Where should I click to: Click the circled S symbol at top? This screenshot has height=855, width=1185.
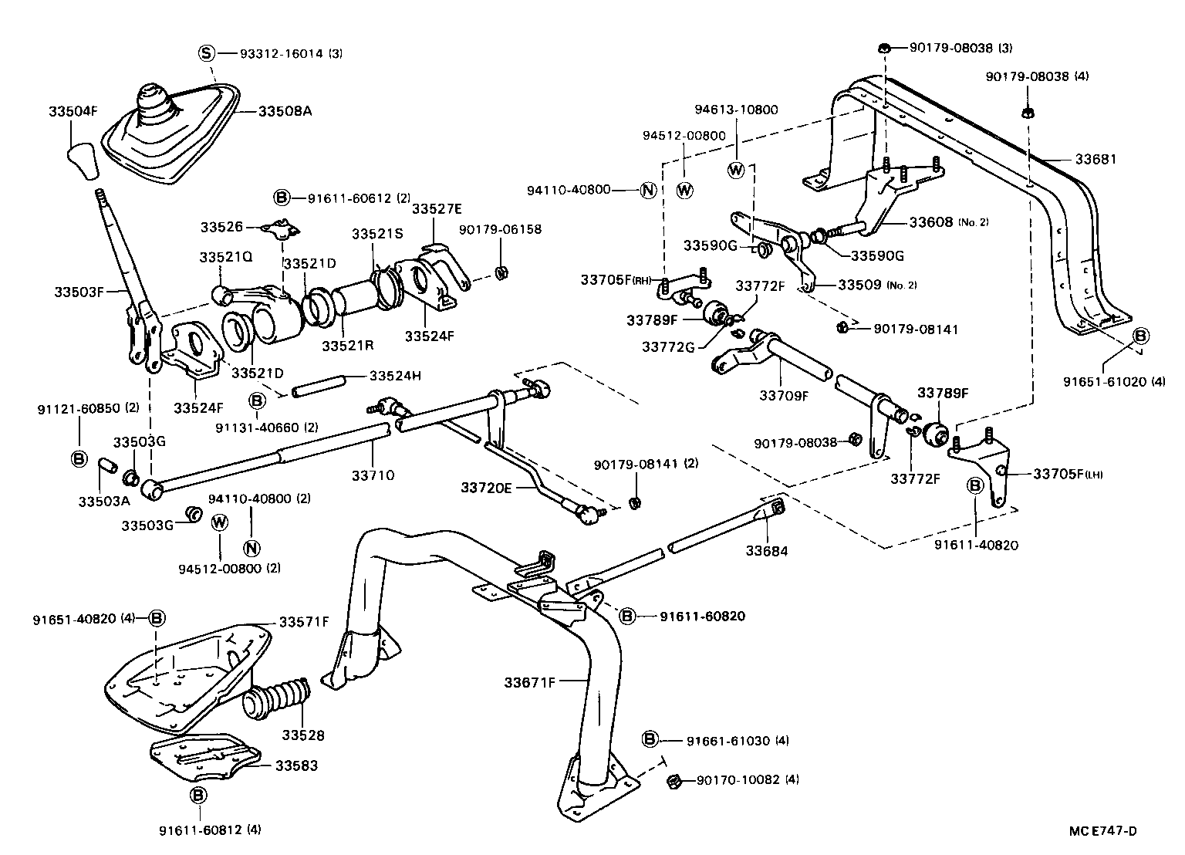pyautogui.click(x=206, y=53)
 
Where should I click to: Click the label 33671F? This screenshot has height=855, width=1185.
pyautogui.click(x=530, y=682)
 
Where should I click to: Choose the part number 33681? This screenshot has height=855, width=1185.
pyautogui.click(x=1096, y=160)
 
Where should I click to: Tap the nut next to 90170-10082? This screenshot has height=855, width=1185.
pyautogui.click(x=672, y=781)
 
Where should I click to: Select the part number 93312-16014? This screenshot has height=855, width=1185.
pyautogui.click(x=281, y=54)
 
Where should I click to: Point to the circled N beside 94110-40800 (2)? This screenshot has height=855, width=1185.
pyautogui.click(x=252, y=549)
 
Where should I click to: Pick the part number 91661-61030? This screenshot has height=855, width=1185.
pyautogui.click(x=728, y=741)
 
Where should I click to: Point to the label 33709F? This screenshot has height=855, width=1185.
pyautogui.click(x=784, y=395)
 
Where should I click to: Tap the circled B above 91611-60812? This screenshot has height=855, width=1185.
pyautogui.click(x=198, y=795)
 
